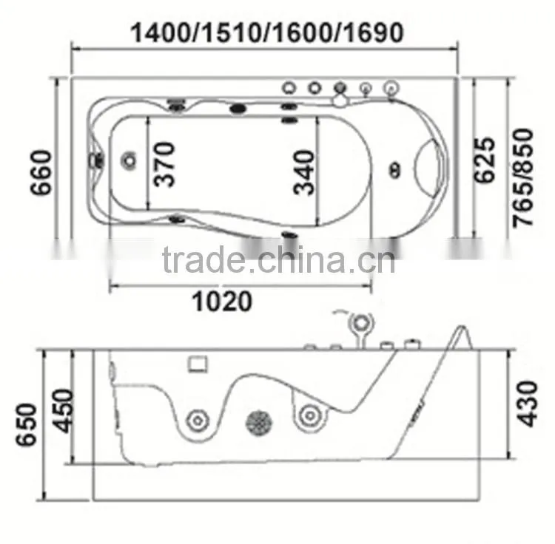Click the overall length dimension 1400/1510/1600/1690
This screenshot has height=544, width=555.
point(267,33)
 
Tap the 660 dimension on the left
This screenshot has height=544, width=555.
point(41,172)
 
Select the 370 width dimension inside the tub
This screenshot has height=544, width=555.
point(164,164)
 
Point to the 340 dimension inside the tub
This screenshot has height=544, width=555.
point(303,172)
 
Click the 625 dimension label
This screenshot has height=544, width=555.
point(484,160)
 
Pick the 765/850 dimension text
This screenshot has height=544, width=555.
point(523,178)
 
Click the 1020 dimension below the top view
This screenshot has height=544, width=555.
point(222,301)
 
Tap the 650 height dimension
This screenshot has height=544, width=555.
point(26,424)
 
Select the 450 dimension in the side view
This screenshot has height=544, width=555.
point(64,411)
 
